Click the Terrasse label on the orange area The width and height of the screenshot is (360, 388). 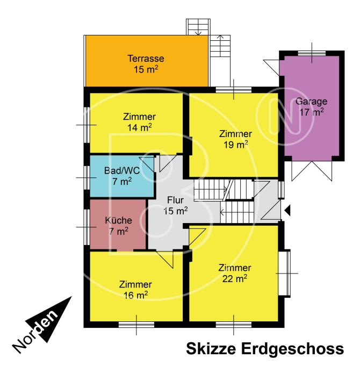coord(146,59)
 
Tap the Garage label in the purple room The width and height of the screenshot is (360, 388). coord(311,101)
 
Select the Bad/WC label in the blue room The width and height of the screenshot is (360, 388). coord(122,170)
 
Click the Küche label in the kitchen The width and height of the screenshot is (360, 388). coord(118,220)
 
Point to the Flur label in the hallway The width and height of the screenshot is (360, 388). coord(175,200)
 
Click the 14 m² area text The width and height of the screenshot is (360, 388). coord(140,127)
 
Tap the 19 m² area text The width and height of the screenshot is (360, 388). coord(236,145)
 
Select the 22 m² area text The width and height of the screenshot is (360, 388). coord(235,278)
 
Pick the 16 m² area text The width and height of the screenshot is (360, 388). coord(135,295)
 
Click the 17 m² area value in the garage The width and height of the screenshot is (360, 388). coord(312,112)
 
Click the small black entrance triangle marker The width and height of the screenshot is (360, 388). coord(287,211)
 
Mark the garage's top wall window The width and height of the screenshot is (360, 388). coord(312,53)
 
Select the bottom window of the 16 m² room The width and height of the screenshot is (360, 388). coord(136,325)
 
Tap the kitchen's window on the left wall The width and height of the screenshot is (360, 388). coord(87,227)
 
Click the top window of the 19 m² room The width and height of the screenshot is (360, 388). coord(234,90)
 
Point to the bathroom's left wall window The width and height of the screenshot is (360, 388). coord(87,177)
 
